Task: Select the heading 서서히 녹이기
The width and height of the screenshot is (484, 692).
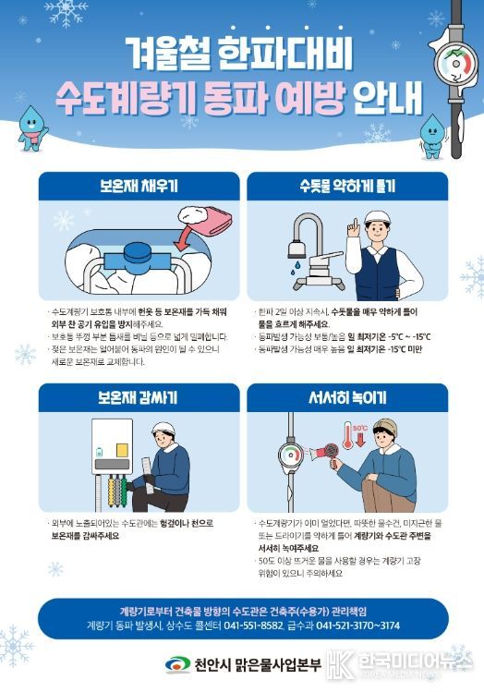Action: [x=347, y=398]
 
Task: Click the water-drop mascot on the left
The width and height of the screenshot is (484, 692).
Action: [x=33, y=126]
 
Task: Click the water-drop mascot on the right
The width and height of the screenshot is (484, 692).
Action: [x=431, y=136]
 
